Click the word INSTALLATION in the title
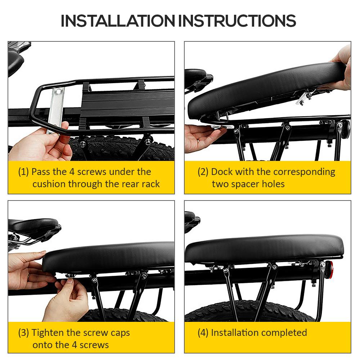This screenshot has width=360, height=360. (x=118, y=21)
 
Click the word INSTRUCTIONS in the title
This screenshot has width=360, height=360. (x=237, y=21)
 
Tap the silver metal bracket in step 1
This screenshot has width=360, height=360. (x=55, y=109)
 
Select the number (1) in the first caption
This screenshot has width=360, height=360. (x=23, y=172)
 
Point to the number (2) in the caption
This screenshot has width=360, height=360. (x=203, y=172)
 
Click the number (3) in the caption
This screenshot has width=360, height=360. (x=23, y=333)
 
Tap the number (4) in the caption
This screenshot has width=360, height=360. (x=203, y=333)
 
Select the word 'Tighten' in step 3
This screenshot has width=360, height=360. (x=48, y=333)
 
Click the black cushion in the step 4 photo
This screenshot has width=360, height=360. (x=264, y=249)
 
